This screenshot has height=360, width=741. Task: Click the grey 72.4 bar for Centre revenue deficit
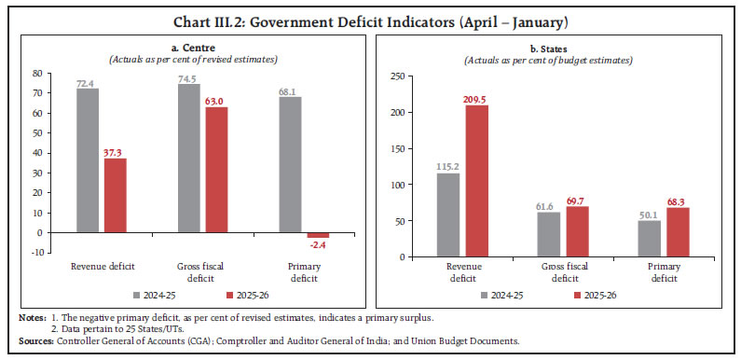(x=88, y=160)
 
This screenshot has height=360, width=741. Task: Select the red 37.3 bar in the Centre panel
(x=115, y=195)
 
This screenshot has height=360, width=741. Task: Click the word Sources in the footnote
(x=35, y=341)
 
